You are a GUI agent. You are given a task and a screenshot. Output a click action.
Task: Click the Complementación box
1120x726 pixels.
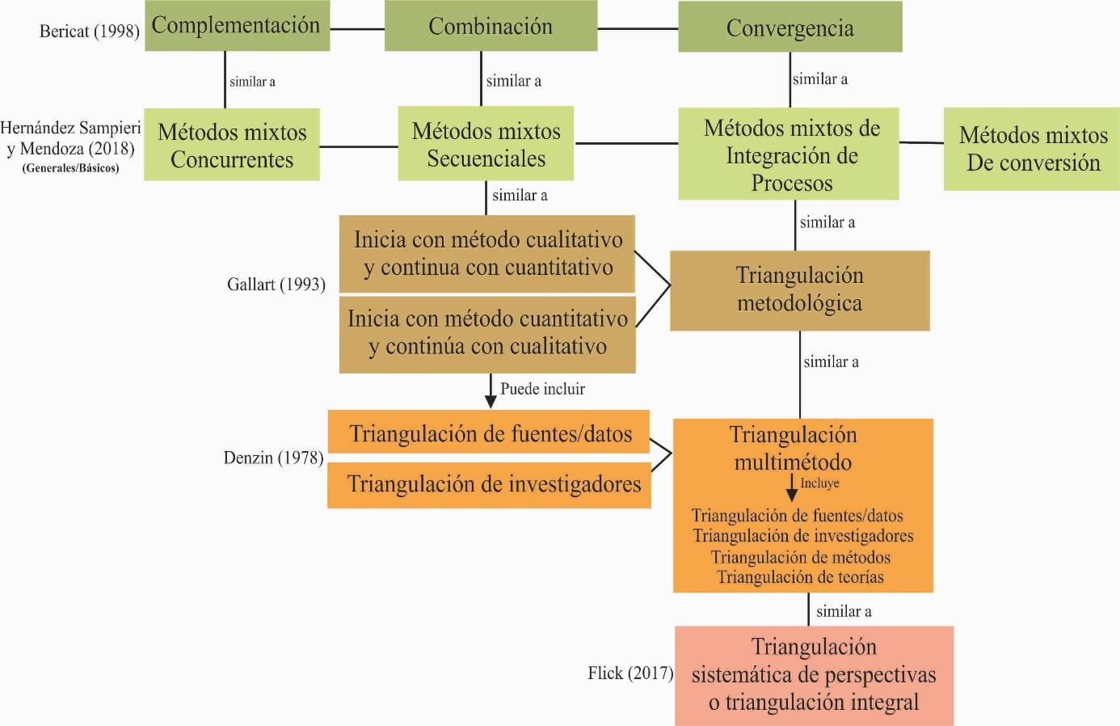point(237,26)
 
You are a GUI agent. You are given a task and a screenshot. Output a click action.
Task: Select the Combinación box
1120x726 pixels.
point(491,26)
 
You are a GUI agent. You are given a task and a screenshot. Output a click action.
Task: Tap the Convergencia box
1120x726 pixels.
point(790,27)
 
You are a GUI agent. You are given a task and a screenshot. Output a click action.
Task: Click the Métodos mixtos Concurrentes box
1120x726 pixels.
point(232,145)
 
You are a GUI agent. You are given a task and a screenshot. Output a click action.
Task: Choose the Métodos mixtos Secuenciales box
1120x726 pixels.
point(486,144)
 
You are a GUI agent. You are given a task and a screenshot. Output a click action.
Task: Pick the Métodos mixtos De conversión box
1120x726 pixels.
point(1031,149)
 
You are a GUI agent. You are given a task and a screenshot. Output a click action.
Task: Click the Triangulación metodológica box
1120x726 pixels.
point(799,291)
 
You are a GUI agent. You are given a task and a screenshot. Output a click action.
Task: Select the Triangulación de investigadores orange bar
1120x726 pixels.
point(489,485)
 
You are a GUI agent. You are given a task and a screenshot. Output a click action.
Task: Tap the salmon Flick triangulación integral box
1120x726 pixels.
point(814,675)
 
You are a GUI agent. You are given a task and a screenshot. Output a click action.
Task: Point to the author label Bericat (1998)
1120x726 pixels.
point(90,31)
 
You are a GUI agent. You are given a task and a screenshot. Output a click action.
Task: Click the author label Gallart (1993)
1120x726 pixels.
point(276,285)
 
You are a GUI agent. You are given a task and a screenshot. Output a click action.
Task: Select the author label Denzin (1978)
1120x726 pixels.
point(273,458)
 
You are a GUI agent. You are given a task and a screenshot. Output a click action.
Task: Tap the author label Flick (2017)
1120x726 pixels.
point(630,673)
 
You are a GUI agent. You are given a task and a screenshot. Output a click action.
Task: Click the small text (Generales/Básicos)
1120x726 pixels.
point(70,168)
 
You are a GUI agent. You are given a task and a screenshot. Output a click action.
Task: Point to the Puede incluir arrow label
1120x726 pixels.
point(542,389)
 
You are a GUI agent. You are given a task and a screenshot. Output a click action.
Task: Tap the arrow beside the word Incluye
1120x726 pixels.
point(791,488)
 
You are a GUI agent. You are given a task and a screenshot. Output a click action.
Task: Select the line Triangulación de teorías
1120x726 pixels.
point(800,577)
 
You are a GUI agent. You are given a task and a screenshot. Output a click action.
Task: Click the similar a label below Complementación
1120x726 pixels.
point(252,82)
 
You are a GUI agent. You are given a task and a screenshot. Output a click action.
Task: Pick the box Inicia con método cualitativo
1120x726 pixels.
point(487,254)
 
